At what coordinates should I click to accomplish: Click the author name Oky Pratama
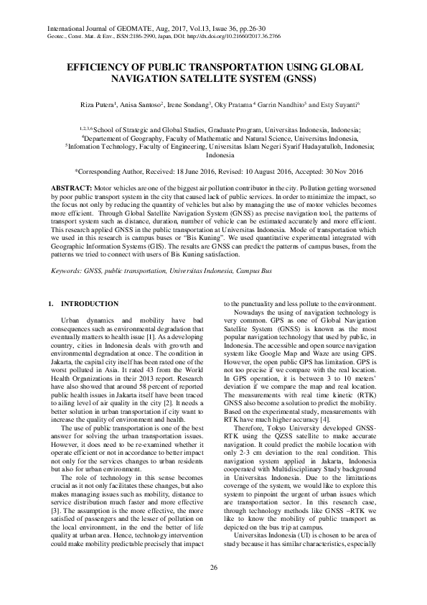(x=234, y=105)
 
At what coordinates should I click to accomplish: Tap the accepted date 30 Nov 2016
(x=339, y=172)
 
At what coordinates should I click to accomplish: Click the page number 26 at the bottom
(x=213, y=568)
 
